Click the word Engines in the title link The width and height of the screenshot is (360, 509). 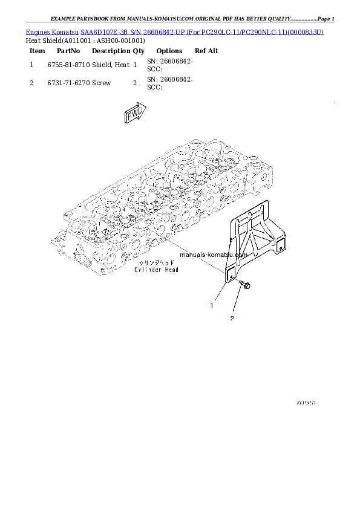(x=39, y=31)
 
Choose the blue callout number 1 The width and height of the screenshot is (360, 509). (x=212, y=305)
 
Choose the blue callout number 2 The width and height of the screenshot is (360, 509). (x=232, y=318)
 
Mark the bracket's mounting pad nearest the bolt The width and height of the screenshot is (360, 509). (x=230, y=274)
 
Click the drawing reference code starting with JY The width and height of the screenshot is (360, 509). (x=307, y=401)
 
